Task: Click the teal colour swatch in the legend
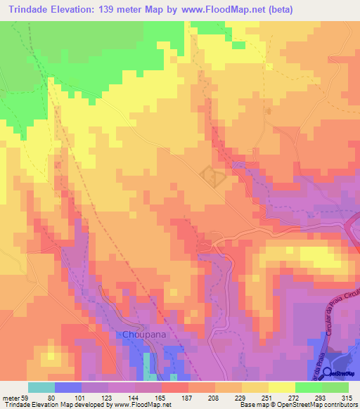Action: point(41,387)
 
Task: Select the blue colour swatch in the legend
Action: point(68,387)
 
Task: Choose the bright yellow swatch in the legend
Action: point(282,387)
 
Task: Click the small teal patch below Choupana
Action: point(148,363)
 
